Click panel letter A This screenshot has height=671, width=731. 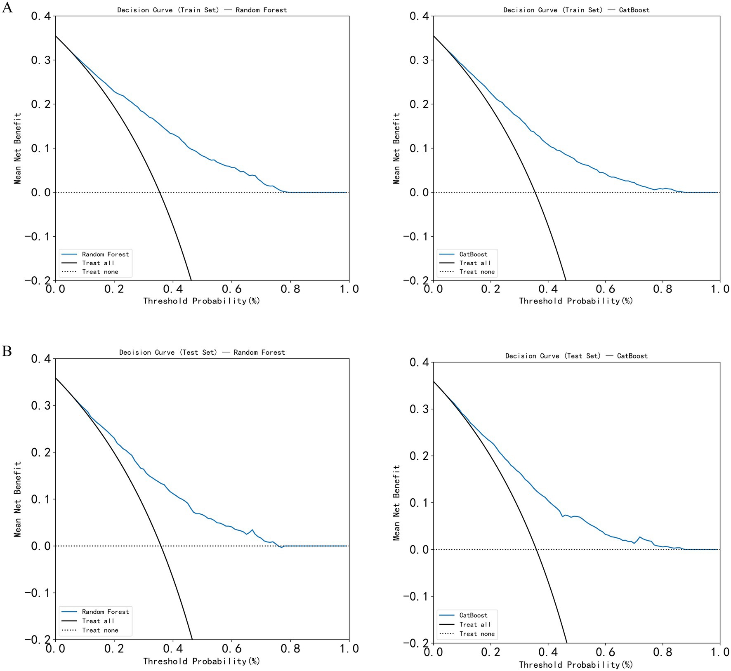click(7, 7)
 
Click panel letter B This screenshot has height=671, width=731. click(7, 351)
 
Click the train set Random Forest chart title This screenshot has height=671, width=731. click(202, 10)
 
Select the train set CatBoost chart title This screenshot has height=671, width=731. click(576, 10)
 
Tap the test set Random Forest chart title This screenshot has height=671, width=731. click(202, 352)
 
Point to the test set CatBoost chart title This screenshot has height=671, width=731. click(576, 356)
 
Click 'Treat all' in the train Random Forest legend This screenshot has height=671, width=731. click(98, 263)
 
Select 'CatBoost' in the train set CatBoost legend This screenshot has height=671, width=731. click(473, 254)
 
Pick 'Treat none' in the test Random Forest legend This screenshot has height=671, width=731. click(100, 630)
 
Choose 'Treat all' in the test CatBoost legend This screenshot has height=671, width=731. click(475, 624)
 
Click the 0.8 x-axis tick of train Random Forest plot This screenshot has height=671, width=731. click(290, 289)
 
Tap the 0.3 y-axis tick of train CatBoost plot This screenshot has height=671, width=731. click(419, 60)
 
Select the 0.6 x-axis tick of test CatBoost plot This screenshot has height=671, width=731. click(605, 652)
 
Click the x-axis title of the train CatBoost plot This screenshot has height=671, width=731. click(575, 301)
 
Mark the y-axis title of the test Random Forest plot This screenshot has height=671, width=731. click(17, 499)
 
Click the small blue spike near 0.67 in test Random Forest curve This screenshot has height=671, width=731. click(252, 530)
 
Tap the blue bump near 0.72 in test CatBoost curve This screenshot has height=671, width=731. click(640, 537)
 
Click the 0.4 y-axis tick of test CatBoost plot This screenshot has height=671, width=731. click(419, 363)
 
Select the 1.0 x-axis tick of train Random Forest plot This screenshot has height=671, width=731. click(349, 289)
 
